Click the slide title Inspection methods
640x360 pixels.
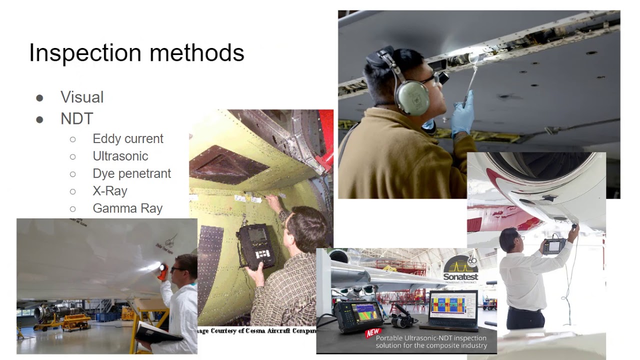pos(136,53)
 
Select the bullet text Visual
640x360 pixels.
pos(82,97)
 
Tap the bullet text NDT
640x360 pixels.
pos(77,118)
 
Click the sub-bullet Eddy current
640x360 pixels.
pos(128,138)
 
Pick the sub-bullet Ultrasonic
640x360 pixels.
pos(120,156)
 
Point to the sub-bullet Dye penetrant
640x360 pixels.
pos(131,173)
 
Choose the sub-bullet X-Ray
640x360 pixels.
pos(110,191)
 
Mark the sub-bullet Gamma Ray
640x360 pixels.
pos(127,208)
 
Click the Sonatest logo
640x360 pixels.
pos(460,270)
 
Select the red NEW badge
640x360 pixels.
pos(373,332)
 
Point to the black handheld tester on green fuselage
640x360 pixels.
pos(256,245)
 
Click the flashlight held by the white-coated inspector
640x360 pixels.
pos(161,271)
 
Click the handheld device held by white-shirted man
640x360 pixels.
pos(554,246)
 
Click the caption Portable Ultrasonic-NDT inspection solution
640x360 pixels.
pos(431,341)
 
